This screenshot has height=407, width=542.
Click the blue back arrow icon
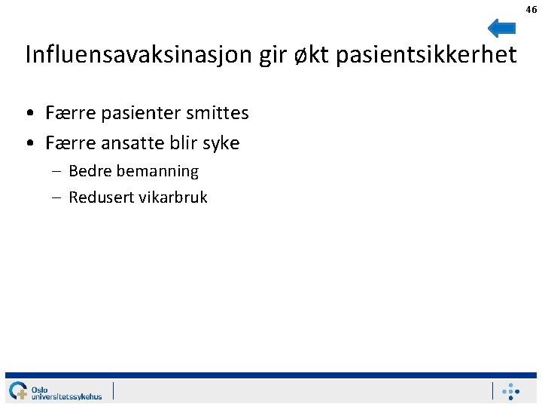point(501,29)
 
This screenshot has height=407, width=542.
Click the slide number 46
point(531,10)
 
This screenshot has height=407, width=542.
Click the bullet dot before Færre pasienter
point(27,114)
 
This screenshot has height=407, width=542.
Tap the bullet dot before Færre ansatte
point(27,143)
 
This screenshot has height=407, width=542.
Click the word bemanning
point(157,171)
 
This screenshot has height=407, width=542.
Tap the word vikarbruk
point(172,197)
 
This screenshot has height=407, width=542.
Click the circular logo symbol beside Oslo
point(18,391)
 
